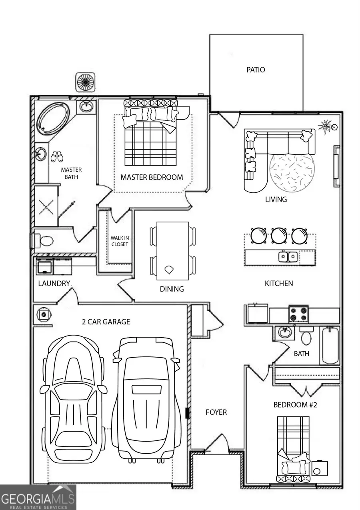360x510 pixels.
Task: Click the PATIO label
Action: [256, 70]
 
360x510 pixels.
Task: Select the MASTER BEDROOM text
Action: [152, 177]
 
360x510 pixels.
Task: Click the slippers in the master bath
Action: [57, 156]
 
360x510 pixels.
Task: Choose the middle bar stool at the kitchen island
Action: [279, 236]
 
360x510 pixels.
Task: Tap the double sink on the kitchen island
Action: [288, 256]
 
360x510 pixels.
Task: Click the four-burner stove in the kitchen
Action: [298, 314]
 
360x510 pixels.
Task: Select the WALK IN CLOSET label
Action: [120, 241]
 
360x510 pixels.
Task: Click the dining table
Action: [172, 251]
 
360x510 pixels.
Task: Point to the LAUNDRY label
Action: [54, 284]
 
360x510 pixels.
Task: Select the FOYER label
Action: [216, 412]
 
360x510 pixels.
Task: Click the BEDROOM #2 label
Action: [295, 405]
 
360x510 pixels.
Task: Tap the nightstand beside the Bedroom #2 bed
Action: [320, 468]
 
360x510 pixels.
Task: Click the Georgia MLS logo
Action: [38, 498]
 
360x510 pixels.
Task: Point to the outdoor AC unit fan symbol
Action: [85, 82]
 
